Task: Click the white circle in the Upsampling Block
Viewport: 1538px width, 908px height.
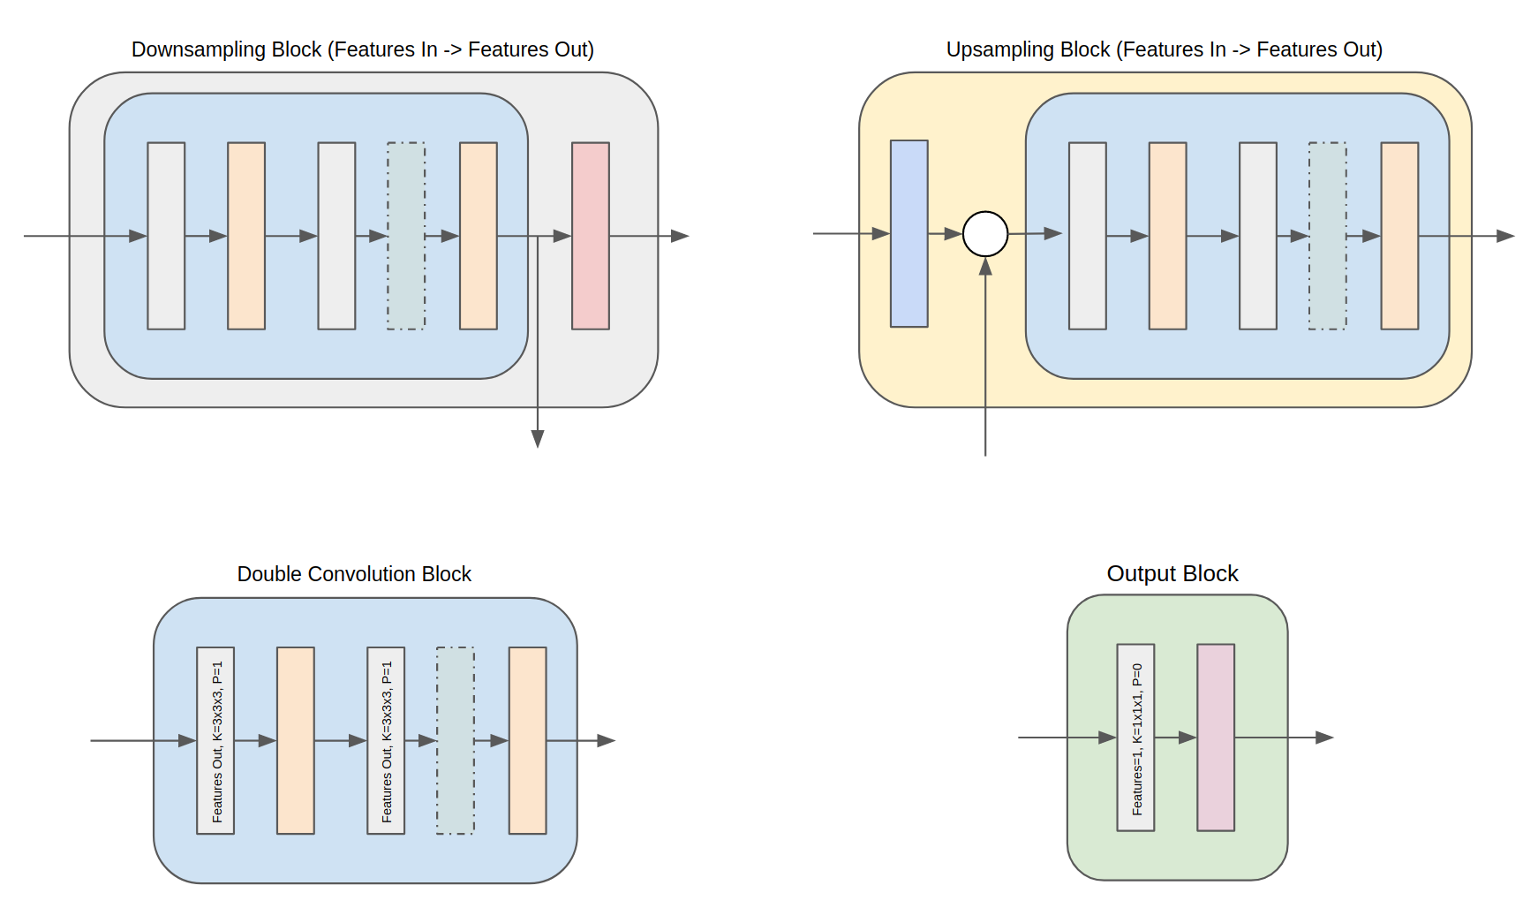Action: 985,234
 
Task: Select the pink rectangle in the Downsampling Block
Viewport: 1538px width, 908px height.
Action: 591,236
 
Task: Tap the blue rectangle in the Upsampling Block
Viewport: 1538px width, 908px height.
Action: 909,233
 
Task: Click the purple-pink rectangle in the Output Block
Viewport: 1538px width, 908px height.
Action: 1216,738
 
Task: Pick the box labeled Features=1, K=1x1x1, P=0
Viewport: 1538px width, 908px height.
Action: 1135,738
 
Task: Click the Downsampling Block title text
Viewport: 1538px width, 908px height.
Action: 363,49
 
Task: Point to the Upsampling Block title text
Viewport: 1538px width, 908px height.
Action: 1165,49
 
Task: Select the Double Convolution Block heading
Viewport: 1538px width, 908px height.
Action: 354,574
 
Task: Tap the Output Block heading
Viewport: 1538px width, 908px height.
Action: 1172,574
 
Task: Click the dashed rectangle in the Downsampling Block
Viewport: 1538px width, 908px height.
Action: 406,236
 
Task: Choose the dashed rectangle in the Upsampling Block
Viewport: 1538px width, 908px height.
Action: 1328,236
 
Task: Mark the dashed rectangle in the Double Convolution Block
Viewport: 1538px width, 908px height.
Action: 456,740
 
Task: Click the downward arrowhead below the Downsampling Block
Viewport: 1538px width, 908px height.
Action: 538,439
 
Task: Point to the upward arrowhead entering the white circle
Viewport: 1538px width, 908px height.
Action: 985,266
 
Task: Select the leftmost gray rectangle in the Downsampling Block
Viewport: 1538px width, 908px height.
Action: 166,236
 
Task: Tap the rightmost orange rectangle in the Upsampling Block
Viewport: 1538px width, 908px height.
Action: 1399,236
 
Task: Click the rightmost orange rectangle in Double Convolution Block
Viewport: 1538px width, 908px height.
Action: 527,740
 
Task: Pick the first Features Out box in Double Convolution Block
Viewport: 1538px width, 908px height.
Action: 215,740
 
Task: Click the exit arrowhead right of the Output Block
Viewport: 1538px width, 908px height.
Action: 1324,738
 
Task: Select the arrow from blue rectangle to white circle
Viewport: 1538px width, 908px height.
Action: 946,234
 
